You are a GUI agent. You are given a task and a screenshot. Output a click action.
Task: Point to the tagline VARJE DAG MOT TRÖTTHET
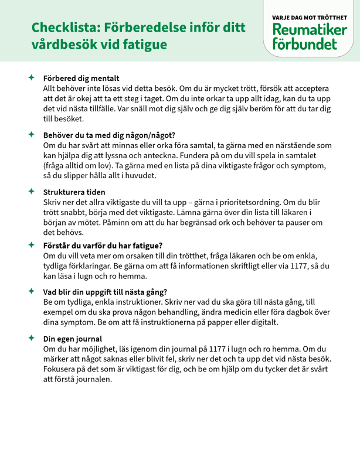(309, 18)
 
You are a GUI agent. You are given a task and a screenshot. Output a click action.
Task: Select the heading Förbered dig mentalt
(81, 78)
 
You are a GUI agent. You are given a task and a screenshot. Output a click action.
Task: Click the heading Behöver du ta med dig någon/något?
(109, 134)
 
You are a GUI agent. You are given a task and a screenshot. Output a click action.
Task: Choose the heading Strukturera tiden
(74, 191)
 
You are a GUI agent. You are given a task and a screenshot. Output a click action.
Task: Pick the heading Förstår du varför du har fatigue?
(103, 245)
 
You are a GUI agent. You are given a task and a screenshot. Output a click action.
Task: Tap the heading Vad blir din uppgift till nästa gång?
(106, 291)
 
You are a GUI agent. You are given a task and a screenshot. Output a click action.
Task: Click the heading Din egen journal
(73, 338)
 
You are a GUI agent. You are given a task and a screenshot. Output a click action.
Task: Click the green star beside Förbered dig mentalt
(30, 77)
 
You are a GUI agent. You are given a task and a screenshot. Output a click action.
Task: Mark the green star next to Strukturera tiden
(30, 191)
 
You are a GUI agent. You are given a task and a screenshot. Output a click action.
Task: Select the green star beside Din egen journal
(30, 338)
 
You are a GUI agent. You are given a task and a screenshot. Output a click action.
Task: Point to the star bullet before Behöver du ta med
(30, 134)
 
